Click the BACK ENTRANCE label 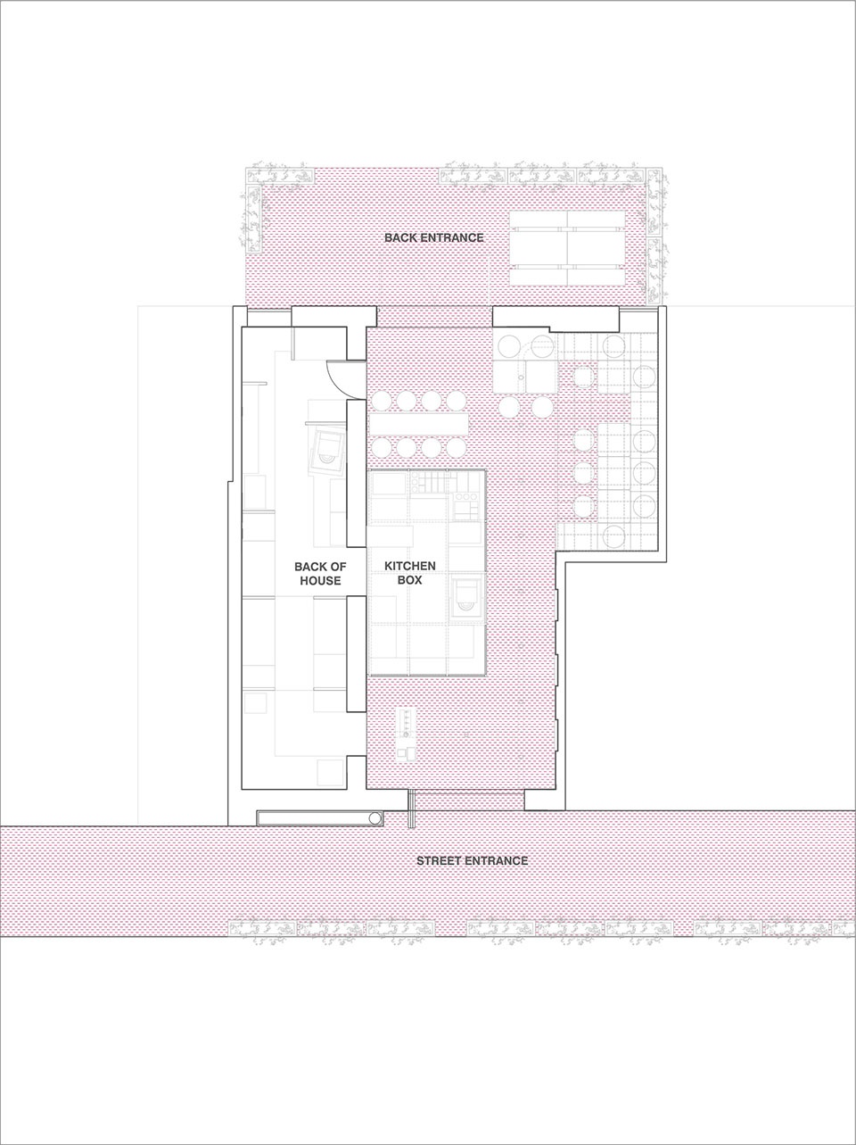click(x=434, y=238)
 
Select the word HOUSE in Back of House click(x=320, y=581)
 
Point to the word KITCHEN click(x=410, y=566)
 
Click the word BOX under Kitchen click(x=410, y=579)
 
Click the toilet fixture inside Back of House click(x=327, y=449)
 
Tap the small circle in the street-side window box click(x=375, y=818)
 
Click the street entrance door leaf click(x=411, y=809)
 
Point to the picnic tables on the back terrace click(x=567, y=248)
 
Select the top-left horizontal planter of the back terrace click(x=280, y=175)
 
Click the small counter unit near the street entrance click(x=406, y=735)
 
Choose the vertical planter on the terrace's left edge click(x=253, y=218)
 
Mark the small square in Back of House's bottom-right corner click(x=330, y=774)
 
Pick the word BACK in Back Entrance click(x=400, y=238)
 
